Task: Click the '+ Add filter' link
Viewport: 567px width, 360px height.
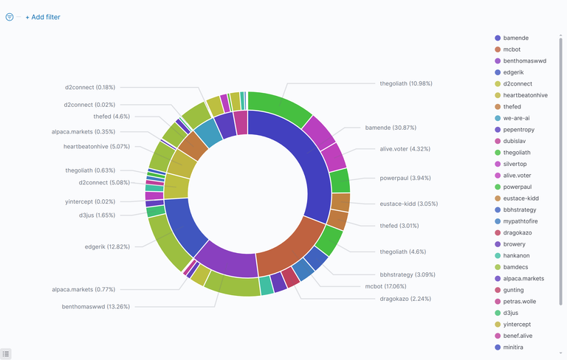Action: [x=43, y=17]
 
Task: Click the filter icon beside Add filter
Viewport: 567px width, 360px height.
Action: [x=10, y=17]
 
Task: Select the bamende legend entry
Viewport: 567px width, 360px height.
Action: [x=515, y=38]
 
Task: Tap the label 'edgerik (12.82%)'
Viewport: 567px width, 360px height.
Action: [x=107, y=246]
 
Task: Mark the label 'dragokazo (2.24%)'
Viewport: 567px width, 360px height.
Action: [x=405, y=299]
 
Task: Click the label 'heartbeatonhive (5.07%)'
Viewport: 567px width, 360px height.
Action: [x=97, y=146]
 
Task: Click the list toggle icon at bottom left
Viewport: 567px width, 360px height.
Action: [x=7, y=354]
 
